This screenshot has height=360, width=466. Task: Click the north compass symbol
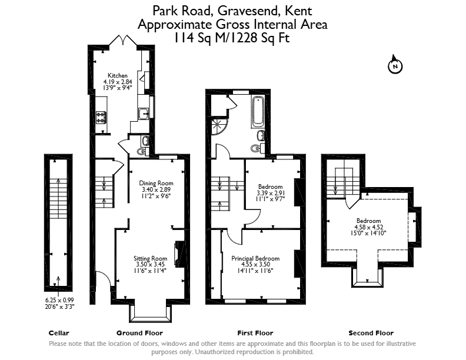(x=395, y=65)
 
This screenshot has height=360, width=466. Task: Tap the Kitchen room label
(x=118, y=75)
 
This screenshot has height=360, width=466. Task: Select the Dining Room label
(x=156, y=184)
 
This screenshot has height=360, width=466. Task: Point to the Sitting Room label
(x=151, y=258)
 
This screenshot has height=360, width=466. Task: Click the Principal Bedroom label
(x=255, y=258)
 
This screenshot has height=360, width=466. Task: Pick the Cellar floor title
(x=59, y=333)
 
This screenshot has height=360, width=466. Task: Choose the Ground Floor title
(x=139, y=333)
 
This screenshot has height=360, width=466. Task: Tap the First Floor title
(x=255, y=333)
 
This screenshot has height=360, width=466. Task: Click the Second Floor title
(x=371, y=333)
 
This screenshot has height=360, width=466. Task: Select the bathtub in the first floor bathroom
(x=258, y=111)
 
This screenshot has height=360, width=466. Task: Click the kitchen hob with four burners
(x=101, y=116)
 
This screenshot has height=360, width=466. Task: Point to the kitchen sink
(x=144, y=114)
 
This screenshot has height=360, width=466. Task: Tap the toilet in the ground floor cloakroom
(x=142, y=152)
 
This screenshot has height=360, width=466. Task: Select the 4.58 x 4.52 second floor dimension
(x=368, y=227)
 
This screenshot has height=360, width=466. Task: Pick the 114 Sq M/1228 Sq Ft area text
(x=231, y=38)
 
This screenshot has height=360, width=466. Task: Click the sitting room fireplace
(x=179, y=254)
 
